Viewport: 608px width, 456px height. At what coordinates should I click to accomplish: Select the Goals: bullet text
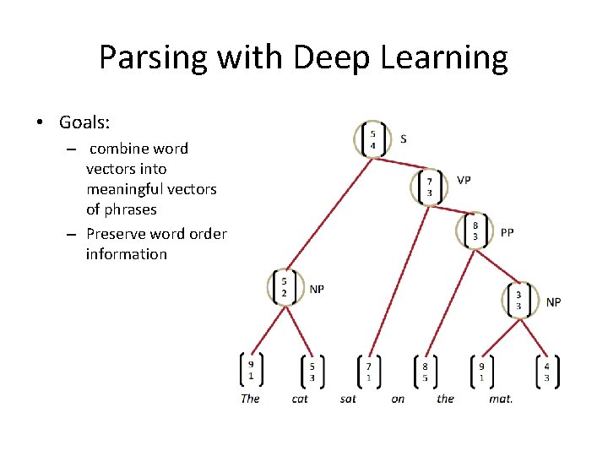(x=84, y=122)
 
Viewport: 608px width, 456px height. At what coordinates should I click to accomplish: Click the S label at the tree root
(x=404, y=138)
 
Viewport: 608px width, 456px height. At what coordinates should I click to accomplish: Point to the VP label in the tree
(x=464, y=180)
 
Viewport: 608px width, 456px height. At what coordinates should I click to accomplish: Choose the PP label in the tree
(x=507, y=232)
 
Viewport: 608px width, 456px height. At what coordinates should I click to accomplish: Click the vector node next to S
(x=373, y=139)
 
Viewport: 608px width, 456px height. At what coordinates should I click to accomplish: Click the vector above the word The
(x=251, y=369)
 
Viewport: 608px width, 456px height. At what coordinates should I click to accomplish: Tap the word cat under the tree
(x=300, y=399)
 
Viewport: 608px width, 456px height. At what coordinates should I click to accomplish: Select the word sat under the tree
(x=348, y=399)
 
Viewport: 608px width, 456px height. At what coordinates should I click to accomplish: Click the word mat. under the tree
(x=501, y=399)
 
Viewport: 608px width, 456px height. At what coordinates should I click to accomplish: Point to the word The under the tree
(x=250, y=399)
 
